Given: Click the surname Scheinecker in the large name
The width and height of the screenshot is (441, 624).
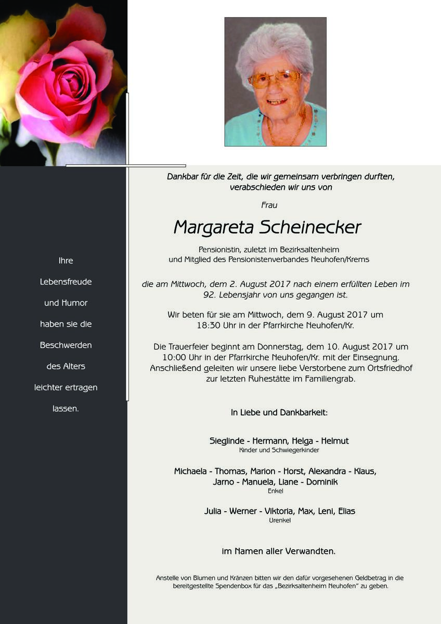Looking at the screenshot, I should (x=310, y=227).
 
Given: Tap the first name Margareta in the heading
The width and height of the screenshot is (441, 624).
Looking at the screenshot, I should (x=213, y=228).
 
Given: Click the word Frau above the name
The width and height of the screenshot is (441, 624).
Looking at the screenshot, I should (x=269, y=205).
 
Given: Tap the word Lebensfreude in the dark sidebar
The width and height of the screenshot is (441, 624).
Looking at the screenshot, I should (x=66, y=282).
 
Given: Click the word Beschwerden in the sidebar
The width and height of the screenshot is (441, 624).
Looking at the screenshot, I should (x=66, y=345).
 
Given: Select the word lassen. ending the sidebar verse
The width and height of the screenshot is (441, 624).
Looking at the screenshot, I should (x=66, y=409).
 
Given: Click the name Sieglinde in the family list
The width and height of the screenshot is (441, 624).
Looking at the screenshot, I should (x=227, y=441).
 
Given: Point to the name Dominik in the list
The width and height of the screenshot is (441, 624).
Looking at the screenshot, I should (x=322, y=482).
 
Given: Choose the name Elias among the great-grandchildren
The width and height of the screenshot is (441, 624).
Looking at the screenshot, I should (x=347, y=511).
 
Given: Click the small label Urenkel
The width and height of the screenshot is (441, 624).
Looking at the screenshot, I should (x=280, y=521).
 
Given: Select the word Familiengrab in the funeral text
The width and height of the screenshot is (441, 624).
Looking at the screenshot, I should (x=331, y=380).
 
